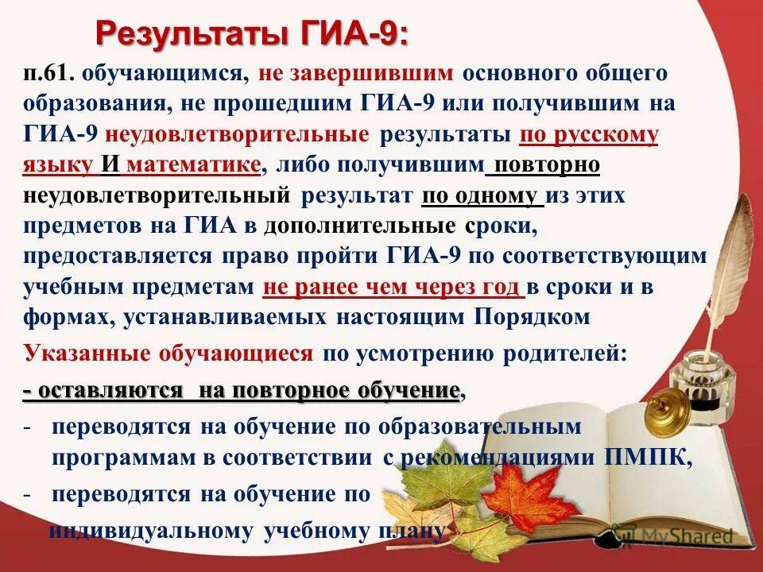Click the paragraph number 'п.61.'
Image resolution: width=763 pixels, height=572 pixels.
point(48,74)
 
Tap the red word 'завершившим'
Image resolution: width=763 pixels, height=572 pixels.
point(375,74)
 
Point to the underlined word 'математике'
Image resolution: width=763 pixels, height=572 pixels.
point(193,164)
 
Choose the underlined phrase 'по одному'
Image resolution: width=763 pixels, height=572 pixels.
point(482,195)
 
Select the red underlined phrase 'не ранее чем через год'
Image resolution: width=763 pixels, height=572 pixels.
point(390,287)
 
